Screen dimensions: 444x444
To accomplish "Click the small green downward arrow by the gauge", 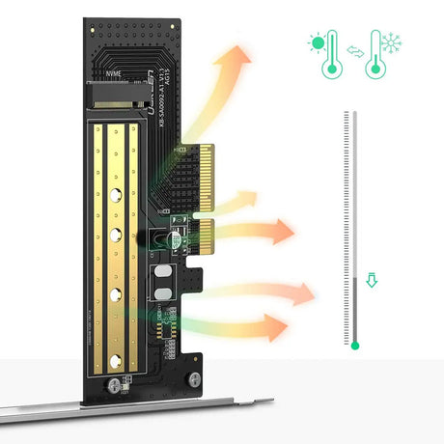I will (373, 284).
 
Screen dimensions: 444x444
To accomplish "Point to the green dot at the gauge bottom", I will (355, 345).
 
